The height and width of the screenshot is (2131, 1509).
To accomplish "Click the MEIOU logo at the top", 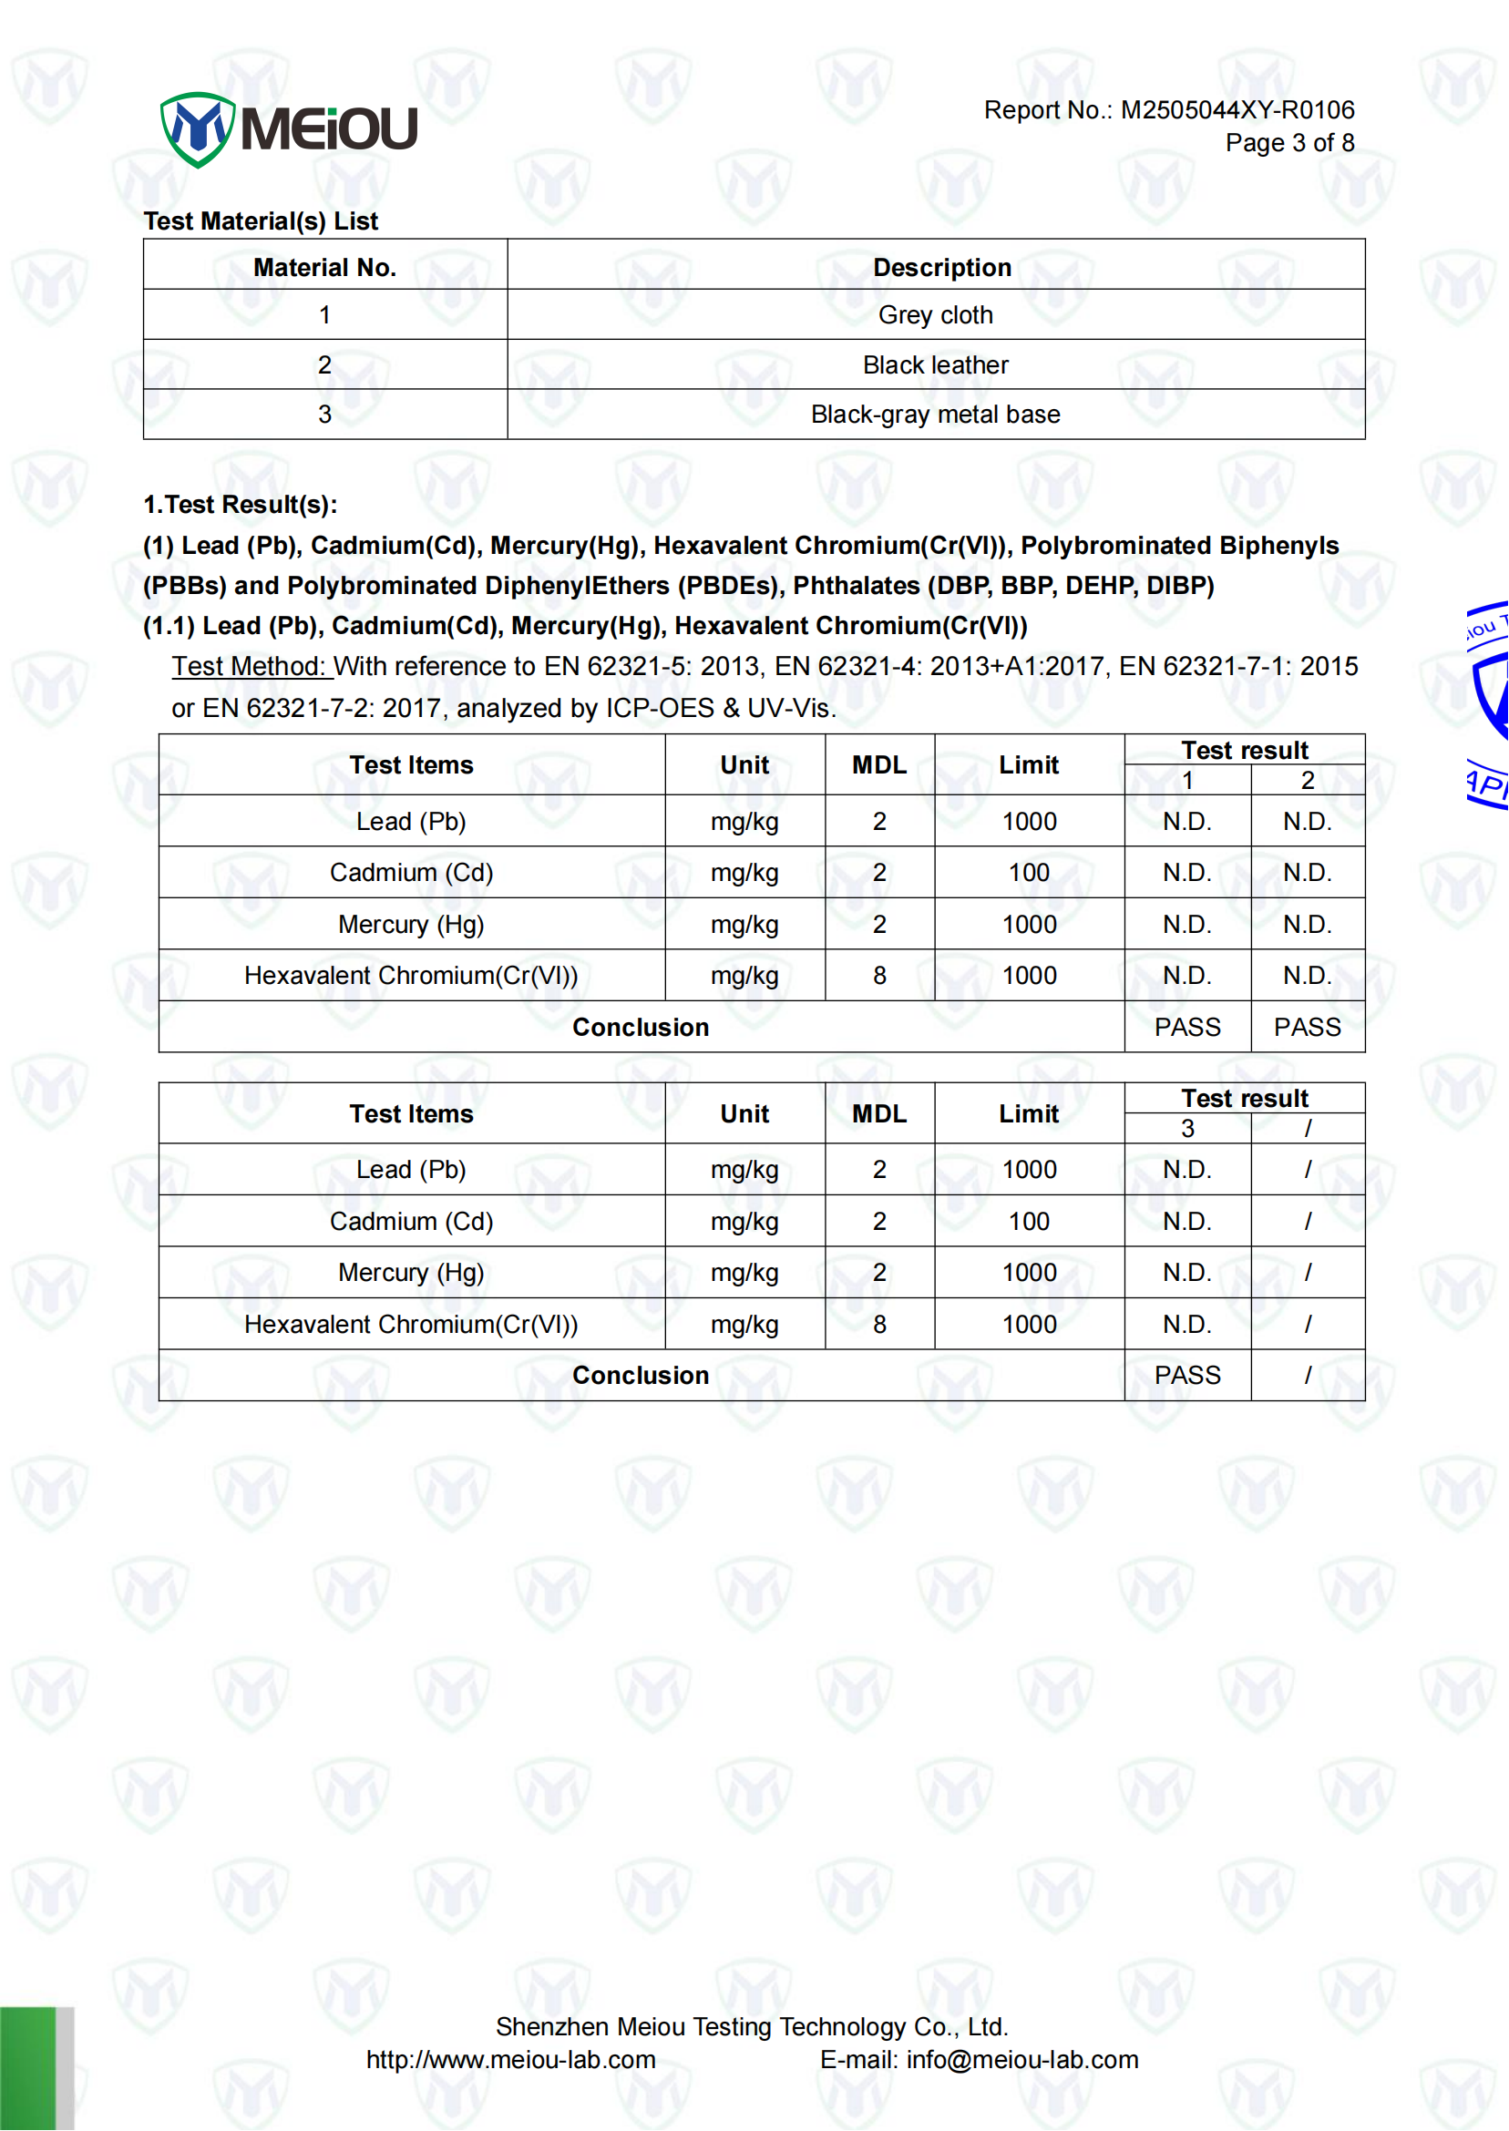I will (x=289, y=128).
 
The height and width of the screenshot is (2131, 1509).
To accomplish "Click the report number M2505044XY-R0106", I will (x=1237, y=110).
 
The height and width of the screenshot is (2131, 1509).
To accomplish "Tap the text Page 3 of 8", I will (x=1288, y=143).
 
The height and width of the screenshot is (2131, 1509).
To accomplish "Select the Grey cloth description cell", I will (x=935, y=315).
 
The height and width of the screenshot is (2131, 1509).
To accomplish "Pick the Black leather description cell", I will (x=935, y=365).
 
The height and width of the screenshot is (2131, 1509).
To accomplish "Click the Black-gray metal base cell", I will (x=935, y=415).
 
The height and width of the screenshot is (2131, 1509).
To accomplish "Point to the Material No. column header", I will (x=325, y=268).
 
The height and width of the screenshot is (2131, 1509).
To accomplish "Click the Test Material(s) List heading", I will (x=262, y=221).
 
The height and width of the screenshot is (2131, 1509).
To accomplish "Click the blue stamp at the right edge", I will (x=1489, y=706).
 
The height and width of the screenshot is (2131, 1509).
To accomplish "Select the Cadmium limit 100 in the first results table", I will (x=1029, y=872).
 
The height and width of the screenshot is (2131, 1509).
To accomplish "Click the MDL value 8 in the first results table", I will (x=879, y=976).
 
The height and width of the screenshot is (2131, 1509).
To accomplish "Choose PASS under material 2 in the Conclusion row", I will (x=1307, y=1027).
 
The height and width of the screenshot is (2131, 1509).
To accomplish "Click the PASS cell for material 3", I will (x=1186, y=1375).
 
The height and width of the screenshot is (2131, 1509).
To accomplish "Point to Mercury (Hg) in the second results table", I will (x=411, y=1272).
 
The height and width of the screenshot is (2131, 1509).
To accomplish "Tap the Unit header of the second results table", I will (x=744, y=1113).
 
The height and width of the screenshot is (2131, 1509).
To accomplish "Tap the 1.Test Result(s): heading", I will (x=240, y=505).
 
